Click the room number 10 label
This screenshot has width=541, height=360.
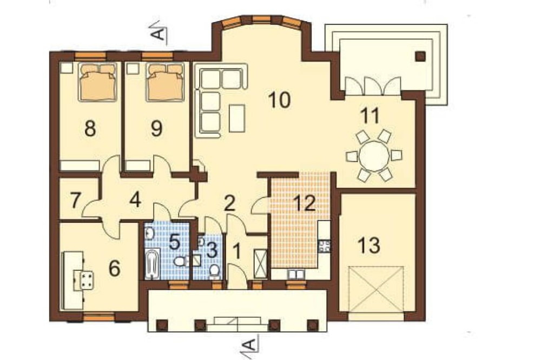tap(280, 100)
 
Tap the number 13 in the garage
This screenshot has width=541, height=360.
tap(368, 245)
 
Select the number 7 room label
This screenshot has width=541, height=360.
tap(76, 201)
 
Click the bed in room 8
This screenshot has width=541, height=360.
tap(97, 82)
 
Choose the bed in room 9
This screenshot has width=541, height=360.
tap(164, 82)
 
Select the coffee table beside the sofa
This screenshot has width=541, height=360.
tap(237, 118)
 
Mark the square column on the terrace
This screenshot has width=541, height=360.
tap(420, 56)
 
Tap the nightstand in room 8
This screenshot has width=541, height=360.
tap(65, 68)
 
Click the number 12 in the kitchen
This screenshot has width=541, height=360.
tap(305, 204)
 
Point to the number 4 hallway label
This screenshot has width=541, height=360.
tap(135, 201)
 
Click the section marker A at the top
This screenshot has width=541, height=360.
tap(159, 33)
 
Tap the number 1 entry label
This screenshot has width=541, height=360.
tap(237, 251)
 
